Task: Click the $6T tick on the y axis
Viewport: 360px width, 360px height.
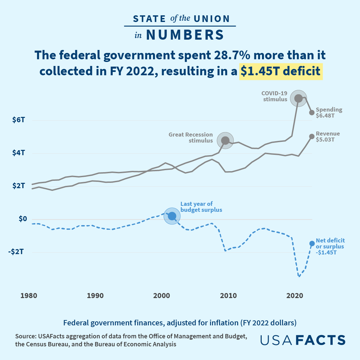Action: click(x=19, y=120)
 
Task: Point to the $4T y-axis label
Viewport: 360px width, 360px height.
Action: click(x=19, y=153)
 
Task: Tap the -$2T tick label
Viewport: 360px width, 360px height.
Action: click(x=17, y=252)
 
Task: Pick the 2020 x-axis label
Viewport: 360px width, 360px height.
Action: click(x=295, y=295)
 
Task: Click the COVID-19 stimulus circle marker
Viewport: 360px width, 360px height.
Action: click(x=298, y=98)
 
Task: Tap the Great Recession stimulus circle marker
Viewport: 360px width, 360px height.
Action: click(x=225, y=141)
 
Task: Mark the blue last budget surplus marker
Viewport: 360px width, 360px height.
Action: click(x=172, y=216)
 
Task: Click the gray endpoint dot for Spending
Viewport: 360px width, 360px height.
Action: click(x=312, y=113)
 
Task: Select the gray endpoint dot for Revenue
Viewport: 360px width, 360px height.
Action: click(x=312, y=137)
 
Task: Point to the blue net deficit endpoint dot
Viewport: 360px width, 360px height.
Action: click(x=312, y=243)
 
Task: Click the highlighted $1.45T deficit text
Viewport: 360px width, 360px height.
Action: click(x=281, y=71)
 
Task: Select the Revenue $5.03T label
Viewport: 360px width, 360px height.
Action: click(x=328, y=137)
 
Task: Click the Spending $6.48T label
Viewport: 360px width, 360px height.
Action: click(x=329, y=113)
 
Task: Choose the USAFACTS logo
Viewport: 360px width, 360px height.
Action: click(x=303, y=340)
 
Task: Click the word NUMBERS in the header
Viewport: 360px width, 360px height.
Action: click(x=185, y=35)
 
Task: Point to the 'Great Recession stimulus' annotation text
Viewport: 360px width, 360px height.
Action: click(x=191, y=138)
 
